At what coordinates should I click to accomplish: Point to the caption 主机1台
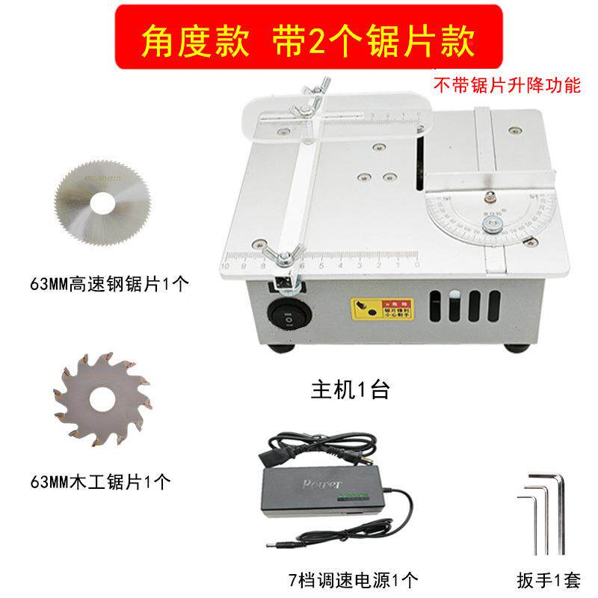click(x=349, y=391)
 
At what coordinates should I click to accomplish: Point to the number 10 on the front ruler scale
click(x=227, y=266)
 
